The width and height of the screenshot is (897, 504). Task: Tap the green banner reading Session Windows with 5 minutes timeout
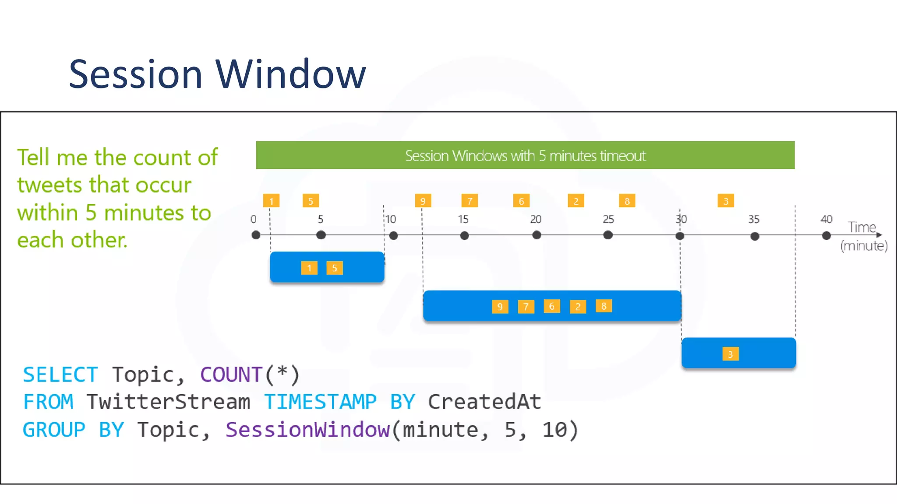pos(525,155)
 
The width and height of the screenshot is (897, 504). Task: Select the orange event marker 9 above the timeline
pos(423,201)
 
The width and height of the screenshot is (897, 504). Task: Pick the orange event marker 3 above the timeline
pos(725,201)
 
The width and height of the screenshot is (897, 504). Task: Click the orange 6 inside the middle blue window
pos(551,306)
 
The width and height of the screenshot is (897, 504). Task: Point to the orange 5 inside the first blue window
pos(334,268)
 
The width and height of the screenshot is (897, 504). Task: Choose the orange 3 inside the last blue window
pos(730,354)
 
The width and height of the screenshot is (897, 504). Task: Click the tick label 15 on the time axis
pos(463,219)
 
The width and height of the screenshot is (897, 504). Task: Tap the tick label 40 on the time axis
pos(826,219)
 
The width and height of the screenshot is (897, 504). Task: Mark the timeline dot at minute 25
pos(607,235)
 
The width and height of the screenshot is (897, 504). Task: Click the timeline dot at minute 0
pos(256,235)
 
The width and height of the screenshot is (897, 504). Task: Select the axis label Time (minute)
pos(863,236)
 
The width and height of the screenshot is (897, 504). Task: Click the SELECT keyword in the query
pos(60,374)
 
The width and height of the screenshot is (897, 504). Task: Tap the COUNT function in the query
pos(231,374)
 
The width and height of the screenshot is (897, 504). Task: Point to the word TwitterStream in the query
pos(169,402)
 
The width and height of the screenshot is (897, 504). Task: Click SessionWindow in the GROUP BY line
pos(307,430)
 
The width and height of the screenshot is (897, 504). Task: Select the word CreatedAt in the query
pos(484,402)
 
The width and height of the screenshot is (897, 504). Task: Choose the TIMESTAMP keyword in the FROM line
pos(320,402)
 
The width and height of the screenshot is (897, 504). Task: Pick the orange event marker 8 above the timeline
pos(627,201)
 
